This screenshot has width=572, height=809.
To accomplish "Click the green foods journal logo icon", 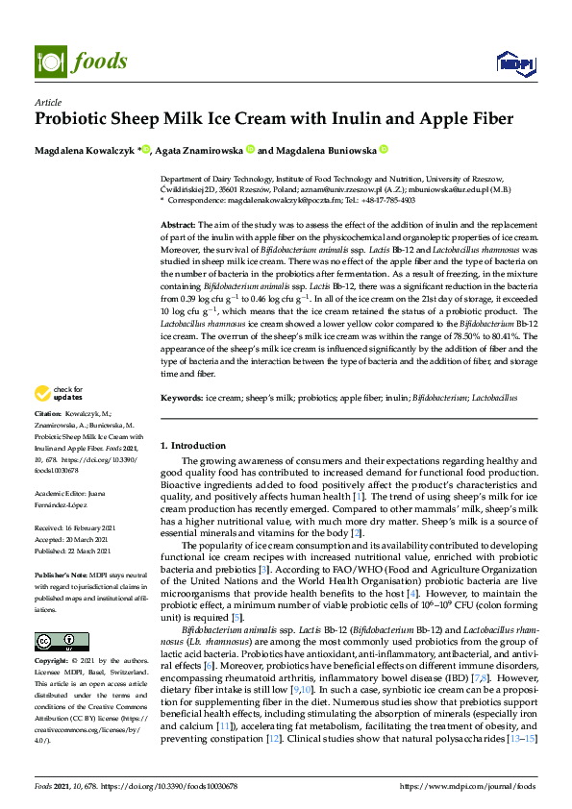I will click(48, 61).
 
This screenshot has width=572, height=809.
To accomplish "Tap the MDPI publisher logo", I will click(515, 62).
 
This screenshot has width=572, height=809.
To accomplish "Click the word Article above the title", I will click(47, 103).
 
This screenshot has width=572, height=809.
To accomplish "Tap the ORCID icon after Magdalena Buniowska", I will click(383, 150).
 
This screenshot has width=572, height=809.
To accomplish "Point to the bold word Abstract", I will click(178, 223).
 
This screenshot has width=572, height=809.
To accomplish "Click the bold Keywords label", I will click(181, 397).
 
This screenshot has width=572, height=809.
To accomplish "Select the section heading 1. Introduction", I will click(192, 446).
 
